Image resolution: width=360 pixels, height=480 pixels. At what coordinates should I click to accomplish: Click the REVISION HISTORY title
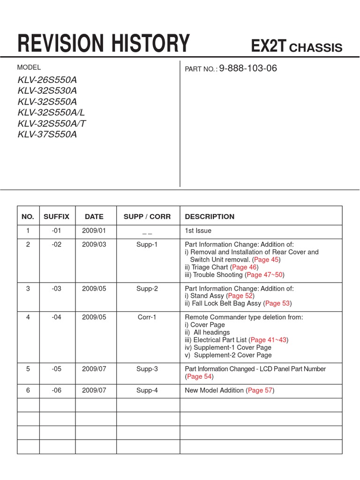pos(104,44)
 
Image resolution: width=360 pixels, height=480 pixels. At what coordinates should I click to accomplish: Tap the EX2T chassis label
pos(297,47)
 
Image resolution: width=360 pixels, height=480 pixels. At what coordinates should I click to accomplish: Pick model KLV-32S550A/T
pos(52,124)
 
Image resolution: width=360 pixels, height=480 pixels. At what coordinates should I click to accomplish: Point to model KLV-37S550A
pos(47,135)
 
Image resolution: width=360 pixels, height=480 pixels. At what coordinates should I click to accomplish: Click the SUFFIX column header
pos(56,217)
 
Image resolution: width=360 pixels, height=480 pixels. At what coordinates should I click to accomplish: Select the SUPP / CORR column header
pos(147,217)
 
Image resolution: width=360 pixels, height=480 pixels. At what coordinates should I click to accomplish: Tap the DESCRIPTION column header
pos(210,217)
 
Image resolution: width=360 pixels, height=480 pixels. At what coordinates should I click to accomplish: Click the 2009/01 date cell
pos(94,231)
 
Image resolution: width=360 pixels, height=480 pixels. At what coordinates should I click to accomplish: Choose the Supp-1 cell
pos(147,245)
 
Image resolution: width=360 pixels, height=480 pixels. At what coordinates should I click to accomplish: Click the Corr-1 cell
pos(147,317)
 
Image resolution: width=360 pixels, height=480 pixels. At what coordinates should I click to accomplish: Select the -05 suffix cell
pos(56,369)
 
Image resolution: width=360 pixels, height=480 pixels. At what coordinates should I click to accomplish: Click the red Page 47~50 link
pos(264,275)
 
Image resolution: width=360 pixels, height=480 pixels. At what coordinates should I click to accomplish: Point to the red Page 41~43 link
pos(269,340)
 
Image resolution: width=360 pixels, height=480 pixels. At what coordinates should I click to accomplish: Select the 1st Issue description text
pos(198,231)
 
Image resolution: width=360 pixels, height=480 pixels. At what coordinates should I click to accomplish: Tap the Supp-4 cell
pos(147,390)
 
